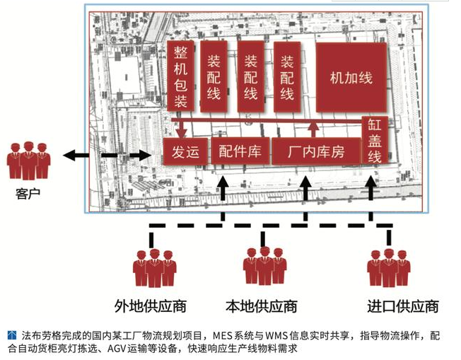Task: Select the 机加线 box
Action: pyautogui.click(x=351, y=79)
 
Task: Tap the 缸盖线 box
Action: pyautogui.click(x=374, y=139)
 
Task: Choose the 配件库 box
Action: pyautogui.click(x=240, y=151)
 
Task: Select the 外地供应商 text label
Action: pyautogui.click(x=150, y=306)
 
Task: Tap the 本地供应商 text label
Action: pyautogui.click(x=261, y=306)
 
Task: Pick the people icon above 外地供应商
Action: pyautogui.click(x=154, y=267)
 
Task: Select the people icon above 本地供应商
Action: pyautogui.click(x=264, y=266)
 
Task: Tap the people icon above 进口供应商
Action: pyautogui.click(x=388, y=267)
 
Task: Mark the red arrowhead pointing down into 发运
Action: pyautogui.click(x=182, y=132)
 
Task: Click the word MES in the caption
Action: pyautogui.click(x=222, y=334)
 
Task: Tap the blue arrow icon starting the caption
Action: pyautogui.click(x=12, y=333)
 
